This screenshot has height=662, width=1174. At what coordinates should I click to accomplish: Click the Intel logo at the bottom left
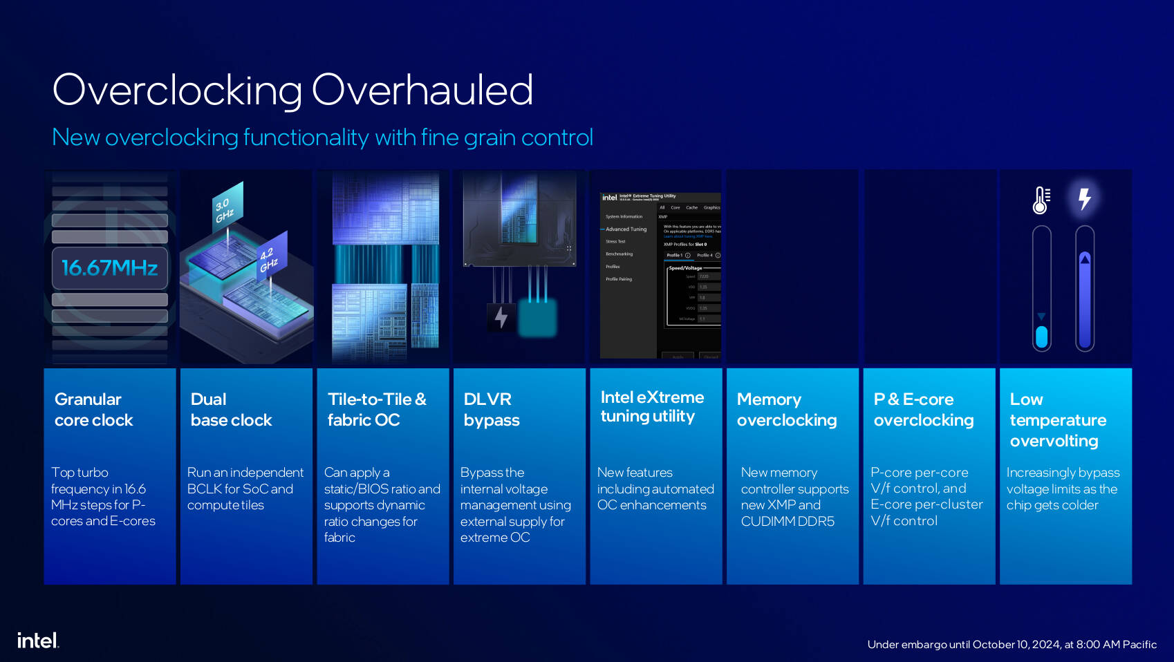37,641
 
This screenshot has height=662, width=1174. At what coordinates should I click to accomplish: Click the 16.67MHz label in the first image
110,268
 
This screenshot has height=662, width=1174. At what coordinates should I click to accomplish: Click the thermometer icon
1041,200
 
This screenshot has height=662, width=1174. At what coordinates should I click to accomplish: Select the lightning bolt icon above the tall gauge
1085,199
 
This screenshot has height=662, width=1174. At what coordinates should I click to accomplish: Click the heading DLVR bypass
492,410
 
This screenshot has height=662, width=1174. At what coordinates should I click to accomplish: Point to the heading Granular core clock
93,410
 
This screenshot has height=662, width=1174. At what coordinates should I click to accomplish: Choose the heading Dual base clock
231,410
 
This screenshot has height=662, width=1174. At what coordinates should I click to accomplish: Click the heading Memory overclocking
787,410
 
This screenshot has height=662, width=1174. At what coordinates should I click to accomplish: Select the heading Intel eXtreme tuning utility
652,406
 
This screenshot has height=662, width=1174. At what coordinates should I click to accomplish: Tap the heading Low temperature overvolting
1058,420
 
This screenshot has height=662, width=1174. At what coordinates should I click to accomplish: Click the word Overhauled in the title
422,90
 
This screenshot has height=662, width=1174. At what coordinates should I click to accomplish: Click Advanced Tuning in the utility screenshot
626,229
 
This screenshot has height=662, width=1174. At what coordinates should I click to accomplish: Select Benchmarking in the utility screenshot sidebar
619,254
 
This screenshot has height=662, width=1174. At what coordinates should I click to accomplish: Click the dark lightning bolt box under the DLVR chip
501,317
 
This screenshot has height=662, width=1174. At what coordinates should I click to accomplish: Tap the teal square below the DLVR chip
537,318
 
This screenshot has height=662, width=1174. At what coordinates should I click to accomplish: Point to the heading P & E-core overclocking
924,410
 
